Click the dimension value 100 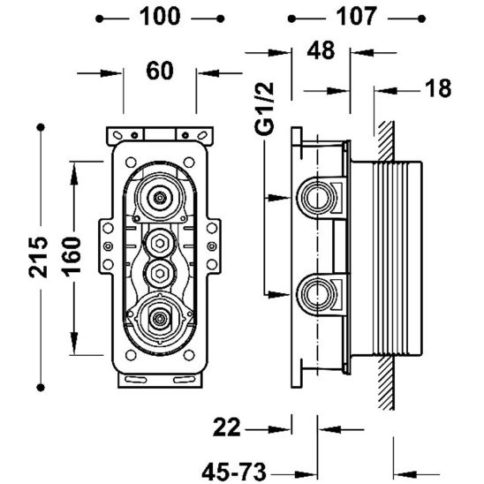[159, 16]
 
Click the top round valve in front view [159, 199]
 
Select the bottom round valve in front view [159, 317]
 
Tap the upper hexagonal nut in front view [159, 241]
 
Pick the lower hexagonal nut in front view [159, 269]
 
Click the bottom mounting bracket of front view [159, 381]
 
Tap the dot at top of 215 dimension [40, 127]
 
